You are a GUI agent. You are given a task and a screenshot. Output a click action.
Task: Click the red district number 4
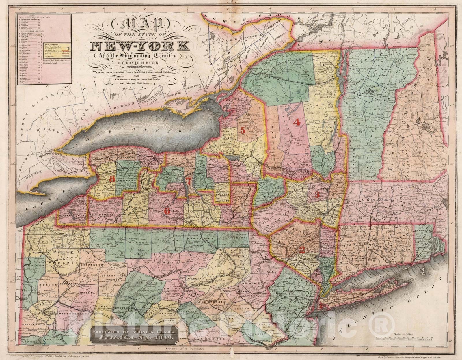pos(297,122)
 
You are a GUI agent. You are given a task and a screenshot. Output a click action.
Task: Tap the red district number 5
pos(243,131)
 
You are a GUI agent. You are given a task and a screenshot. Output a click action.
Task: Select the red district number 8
pos(112,179)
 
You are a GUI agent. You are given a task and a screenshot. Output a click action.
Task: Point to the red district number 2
pos(302,250)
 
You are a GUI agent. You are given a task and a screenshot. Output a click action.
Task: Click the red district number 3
pos(317,195)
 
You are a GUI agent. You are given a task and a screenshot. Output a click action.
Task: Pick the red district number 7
pos(188,182)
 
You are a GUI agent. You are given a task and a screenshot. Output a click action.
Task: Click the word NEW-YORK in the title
pos(140,46)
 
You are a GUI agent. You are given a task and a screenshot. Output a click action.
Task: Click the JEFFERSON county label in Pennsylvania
pos(90,264)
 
